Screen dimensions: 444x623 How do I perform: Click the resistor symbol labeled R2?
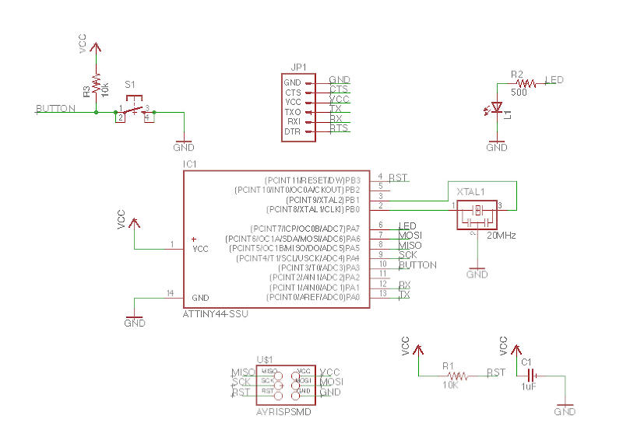coord(526,82)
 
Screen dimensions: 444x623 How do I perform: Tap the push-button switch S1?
coord(134,111)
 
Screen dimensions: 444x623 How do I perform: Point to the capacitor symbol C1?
coord(532,376)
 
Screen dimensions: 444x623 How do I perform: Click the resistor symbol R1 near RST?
coord(458,376)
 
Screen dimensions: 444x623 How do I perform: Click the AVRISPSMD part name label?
coord(283,411)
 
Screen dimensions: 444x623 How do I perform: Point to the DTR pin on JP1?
coord(293,131)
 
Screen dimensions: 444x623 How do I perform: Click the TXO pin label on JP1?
coord(293,112)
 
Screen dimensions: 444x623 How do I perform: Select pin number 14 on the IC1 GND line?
coord(171,292)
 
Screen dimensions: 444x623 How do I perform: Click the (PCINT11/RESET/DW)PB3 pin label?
coord(311,180)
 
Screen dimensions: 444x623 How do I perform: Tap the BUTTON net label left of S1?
coord(55,109)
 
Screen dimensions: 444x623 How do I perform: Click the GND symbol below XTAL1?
coord(477,273)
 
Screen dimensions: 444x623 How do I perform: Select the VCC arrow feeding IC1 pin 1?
coord(134,222)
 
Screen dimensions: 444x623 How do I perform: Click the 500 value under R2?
coord(519,92)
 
